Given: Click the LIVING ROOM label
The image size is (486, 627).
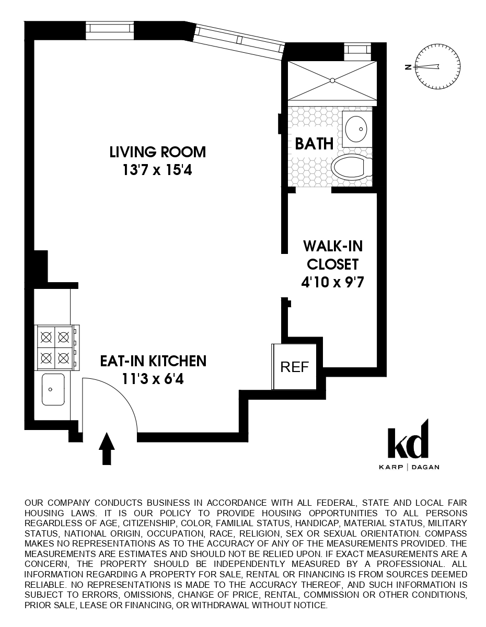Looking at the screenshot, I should pyautogui.click(x=158, y=152).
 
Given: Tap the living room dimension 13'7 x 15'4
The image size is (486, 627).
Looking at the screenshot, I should pyautogui.click(x=158, y=170).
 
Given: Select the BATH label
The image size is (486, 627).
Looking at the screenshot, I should pyautogui.click(x=314, y=144).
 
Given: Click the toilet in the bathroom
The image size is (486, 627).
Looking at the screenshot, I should pyautogui.click(x=351, y=167).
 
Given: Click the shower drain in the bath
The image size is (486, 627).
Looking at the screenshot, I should pyautogui.click(x=331, y=80).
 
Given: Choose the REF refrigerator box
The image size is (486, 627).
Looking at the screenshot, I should pyautogui.click(x=295, y=366).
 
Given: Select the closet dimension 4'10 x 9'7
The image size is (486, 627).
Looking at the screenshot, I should pyautogui.click(x=332, y=283).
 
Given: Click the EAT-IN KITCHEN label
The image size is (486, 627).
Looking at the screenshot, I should pyautogui.click(x=153, y=361).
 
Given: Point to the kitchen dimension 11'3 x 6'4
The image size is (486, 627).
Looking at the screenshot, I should pyautogui.click(x=153, y=378).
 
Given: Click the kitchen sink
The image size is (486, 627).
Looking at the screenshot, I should pyautogui.click(x=53, y=389).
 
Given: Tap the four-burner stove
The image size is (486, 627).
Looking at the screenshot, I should pyautogui.click(x=55, y=346).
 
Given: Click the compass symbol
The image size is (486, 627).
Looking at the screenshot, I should pyautogui.click(x=438, y=66).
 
